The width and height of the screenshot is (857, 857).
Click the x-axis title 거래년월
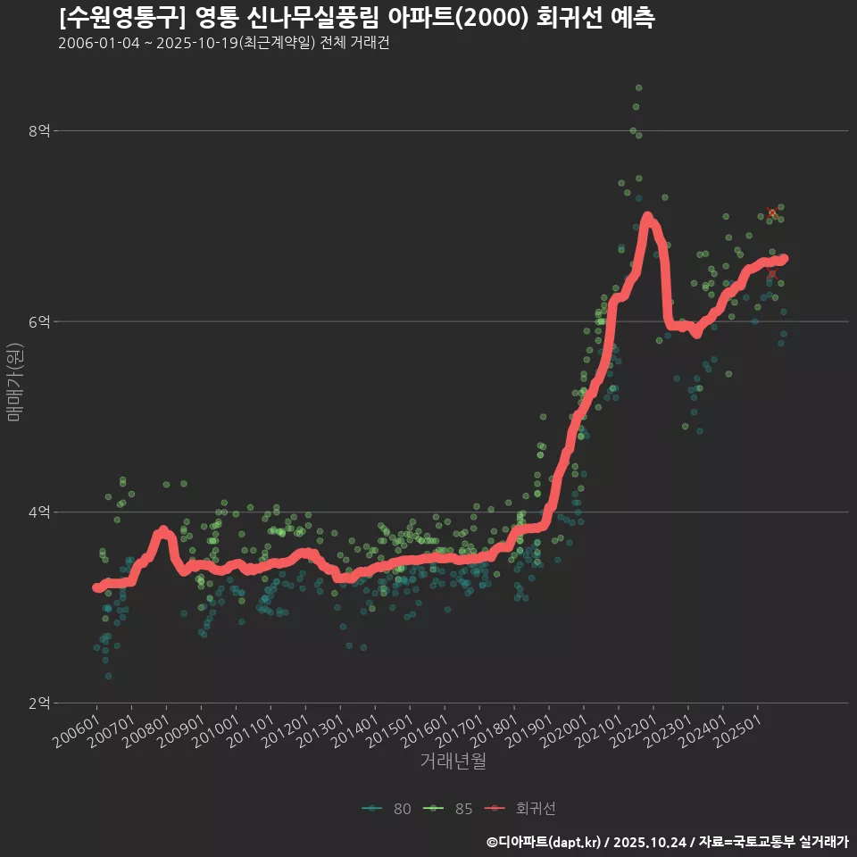(453, 761)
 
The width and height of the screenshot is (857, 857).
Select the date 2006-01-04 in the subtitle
(99, 43)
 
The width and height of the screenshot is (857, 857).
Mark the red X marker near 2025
(772, 212)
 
